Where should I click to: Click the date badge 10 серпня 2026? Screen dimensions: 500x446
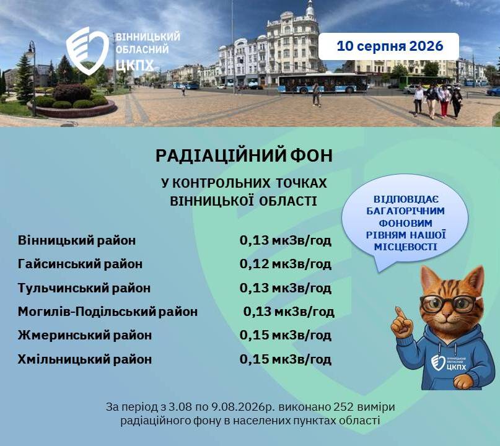click(x=388, y=46)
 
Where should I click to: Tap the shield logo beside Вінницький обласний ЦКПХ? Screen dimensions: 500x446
click(x=87, y=51)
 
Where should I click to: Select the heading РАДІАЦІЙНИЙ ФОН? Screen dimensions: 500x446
click(x=244, y=156)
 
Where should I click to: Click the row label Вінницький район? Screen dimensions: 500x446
click(x=77, y=240)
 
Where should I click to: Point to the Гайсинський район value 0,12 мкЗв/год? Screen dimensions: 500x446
click(x=286, y=265)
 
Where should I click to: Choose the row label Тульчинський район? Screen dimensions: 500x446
click(x=84, y=288)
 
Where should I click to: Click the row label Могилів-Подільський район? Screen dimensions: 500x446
click(x=108, y=312)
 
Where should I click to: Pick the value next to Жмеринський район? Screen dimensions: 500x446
click(x=286, y=335)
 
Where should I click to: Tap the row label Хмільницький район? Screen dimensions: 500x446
click(x=85, y=359)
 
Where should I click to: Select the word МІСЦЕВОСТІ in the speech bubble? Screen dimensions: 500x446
click(x=405, y=247)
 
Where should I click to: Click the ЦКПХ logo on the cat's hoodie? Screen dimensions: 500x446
click(x=448, y=363)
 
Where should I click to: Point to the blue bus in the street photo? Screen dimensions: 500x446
click(x=323, y=83)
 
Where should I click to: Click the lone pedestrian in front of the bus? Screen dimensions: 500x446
click(x=316, y=94)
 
